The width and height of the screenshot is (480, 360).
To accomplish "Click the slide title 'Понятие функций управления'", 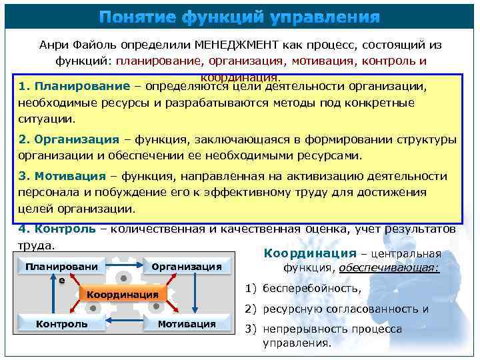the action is coord(240,17).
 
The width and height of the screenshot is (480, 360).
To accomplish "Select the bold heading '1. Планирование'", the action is coord(74,87).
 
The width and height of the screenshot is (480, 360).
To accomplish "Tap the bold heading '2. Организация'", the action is coord(69,140).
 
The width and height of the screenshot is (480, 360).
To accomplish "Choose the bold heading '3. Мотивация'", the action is coord(62,177).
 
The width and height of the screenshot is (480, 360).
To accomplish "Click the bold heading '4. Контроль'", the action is coord(57,229).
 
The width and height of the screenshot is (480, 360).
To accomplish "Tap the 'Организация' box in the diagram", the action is coord(187,267).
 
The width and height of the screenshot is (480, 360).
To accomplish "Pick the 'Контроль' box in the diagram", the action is coord(61,324).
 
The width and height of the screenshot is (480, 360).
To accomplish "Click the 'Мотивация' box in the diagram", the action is coord(187,324).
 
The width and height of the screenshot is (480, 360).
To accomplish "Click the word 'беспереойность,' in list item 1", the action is coord(312,289).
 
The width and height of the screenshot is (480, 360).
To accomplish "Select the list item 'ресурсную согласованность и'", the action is coord(345,309).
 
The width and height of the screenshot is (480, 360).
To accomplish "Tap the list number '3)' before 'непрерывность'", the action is coord(251,329).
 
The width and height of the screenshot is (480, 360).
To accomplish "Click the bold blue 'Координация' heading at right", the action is coord(311,253).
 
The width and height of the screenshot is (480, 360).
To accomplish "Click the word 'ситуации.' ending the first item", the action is coord(47,119).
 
